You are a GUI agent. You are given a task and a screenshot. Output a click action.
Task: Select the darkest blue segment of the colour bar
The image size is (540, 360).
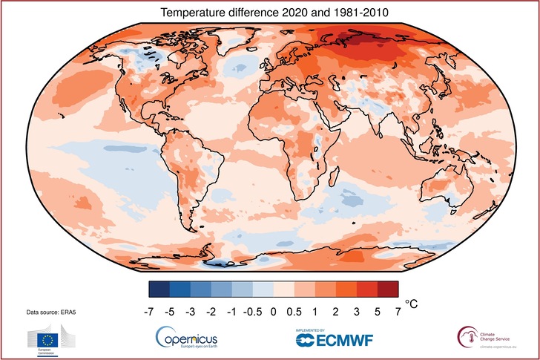160,289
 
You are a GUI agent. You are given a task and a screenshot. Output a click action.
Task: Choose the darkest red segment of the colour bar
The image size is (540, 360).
388,289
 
